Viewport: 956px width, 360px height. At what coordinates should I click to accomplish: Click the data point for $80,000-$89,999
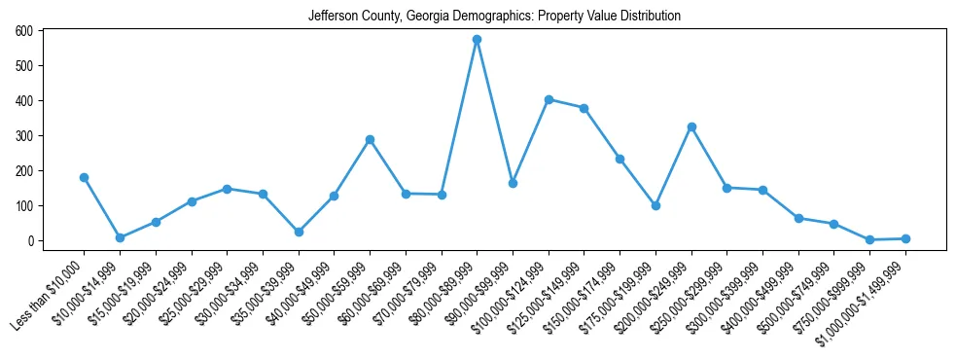click(x=477, y=40)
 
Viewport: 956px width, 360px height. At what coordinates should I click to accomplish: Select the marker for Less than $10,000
click(x=84, y=177)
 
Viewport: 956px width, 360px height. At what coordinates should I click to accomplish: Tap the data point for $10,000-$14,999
click(x=120, y=237)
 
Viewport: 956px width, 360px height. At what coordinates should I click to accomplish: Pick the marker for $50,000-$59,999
click(x=370, y=139)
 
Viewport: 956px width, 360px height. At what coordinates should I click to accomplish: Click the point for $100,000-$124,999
click(x=549, y=99)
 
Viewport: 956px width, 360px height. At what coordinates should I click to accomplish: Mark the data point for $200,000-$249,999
click(x=691, y=126)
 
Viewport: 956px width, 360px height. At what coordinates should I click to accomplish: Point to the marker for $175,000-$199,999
click(x=655, y=205)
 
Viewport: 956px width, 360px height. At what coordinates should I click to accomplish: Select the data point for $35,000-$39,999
click(x=299, y=232)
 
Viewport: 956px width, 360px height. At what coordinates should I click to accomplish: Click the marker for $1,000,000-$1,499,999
click(x=905, y=238)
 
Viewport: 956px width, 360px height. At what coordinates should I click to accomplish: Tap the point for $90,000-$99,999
click(x=513, y=183)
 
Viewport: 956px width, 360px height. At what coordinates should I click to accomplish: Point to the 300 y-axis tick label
click(x=24, y=136)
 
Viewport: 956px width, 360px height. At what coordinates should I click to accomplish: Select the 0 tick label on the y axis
click(x=31, y=241)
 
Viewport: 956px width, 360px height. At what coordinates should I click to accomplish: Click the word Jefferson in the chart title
click(x=333, y=17)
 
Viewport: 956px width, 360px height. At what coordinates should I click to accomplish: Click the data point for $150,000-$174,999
click(x=620, y=159)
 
